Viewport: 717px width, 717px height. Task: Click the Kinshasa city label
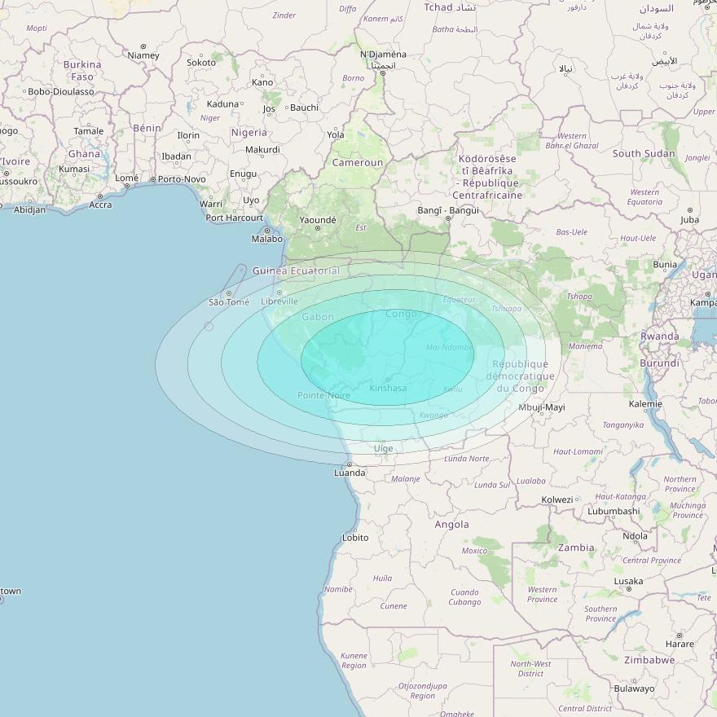[388, 389]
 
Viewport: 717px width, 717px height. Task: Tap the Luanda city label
[350, 473]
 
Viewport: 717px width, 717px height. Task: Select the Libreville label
[279, 301]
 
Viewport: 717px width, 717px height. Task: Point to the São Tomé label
[229, 302]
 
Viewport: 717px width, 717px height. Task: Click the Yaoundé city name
[318, 220]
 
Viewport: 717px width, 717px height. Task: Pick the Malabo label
[267, 239]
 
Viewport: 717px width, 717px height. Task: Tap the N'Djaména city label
[383, 55]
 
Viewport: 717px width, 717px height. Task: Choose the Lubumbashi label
[614, 512]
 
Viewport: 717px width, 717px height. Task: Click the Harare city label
[680, 644]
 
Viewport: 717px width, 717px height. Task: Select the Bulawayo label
[634, 688]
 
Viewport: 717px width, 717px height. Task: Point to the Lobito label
[355, 538]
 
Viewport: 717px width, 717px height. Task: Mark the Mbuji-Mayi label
[542, 407]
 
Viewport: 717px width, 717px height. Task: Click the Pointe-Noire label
[323, 396]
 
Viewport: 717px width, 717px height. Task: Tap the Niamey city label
[143, 55]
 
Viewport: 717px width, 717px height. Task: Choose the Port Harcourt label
[235, 218]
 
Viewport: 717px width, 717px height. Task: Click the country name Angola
[451, 525]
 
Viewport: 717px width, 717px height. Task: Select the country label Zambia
[575, 548]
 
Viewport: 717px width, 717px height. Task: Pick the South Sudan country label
[644, 153]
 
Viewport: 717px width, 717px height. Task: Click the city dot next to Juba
[690, 210]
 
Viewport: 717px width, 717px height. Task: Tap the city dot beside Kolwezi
[577, 499]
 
